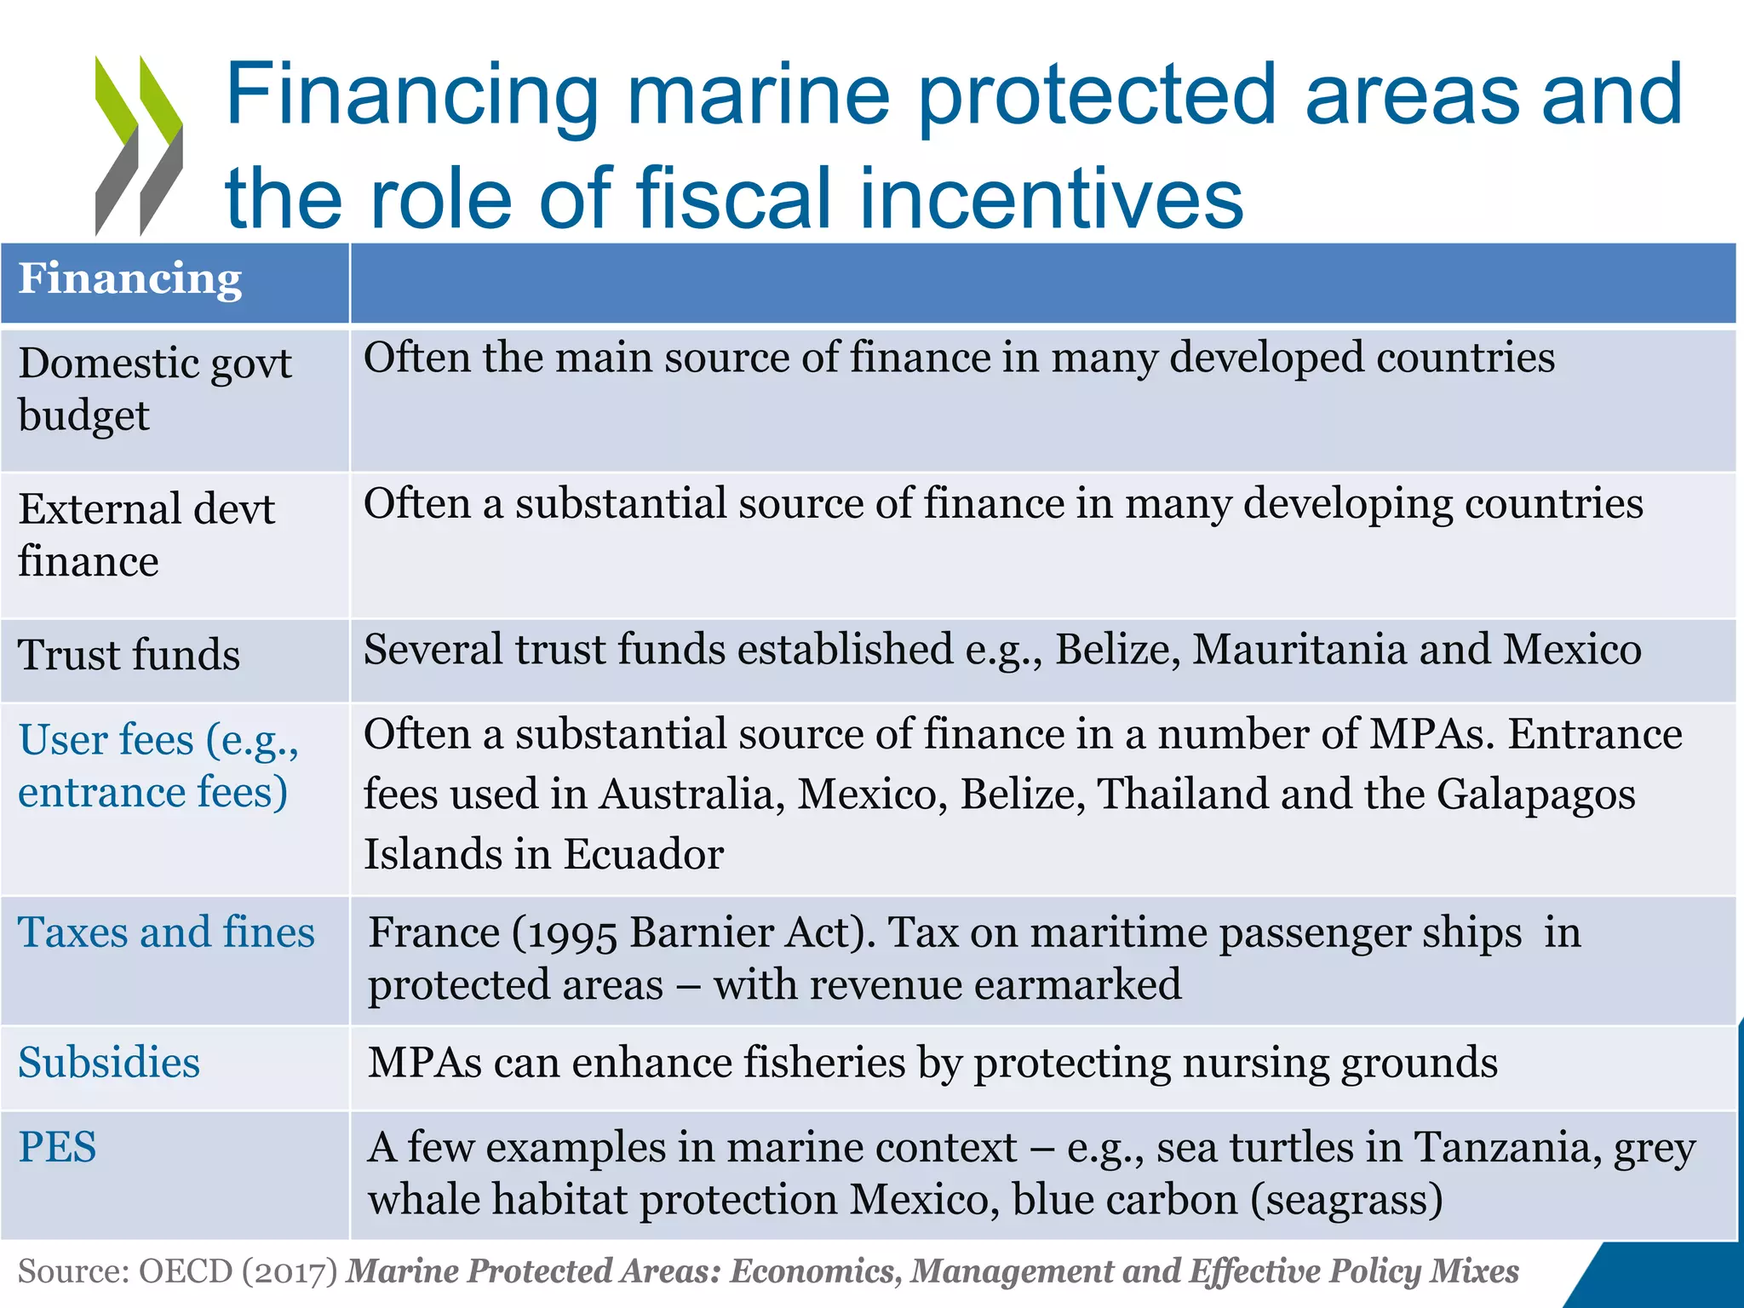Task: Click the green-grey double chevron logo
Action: point(139,146)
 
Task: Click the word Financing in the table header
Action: point(130,279)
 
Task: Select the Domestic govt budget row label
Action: point(154,389)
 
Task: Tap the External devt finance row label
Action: point(146,535)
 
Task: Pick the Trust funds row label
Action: point(129,655)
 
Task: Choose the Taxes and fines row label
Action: point(166,932)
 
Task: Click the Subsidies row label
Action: point(109,1063)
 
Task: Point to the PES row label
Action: point(57,1147)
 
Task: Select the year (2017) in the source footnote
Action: point(290,1271)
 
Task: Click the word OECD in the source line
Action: point(185,1271)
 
